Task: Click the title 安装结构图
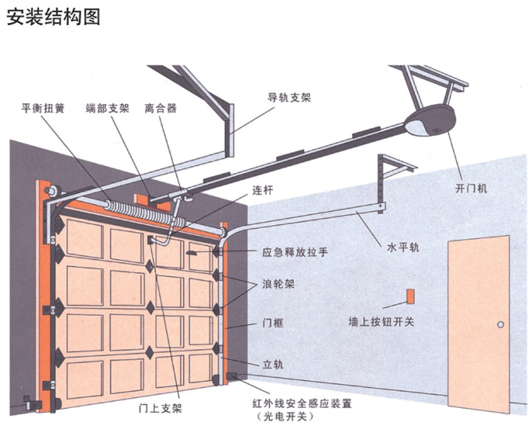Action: point(53,16)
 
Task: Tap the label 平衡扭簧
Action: point(43,108)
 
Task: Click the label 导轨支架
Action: point(289,98)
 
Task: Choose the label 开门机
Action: point(471,189)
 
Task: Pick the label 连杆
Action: point(262,190)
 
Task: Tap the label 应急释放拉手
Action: point(295,252)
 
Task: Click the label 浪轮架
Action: point(278,284)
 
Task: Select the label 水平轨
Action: point(403,247)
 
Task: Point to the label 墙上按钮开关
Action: point(381,321)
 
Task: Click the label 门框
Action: point(273,323)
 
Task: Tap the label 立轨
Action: point(273,364)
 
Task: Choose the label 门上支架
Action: point(160,408)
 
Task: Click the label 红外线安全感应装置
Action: point(302,404)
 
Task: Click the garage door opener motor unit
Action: point(430,120)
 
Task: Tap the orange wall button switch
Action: point(410,296)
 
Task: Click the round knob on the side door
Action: point(500,324)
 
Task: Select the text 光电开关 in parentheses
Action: point(285,416)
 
